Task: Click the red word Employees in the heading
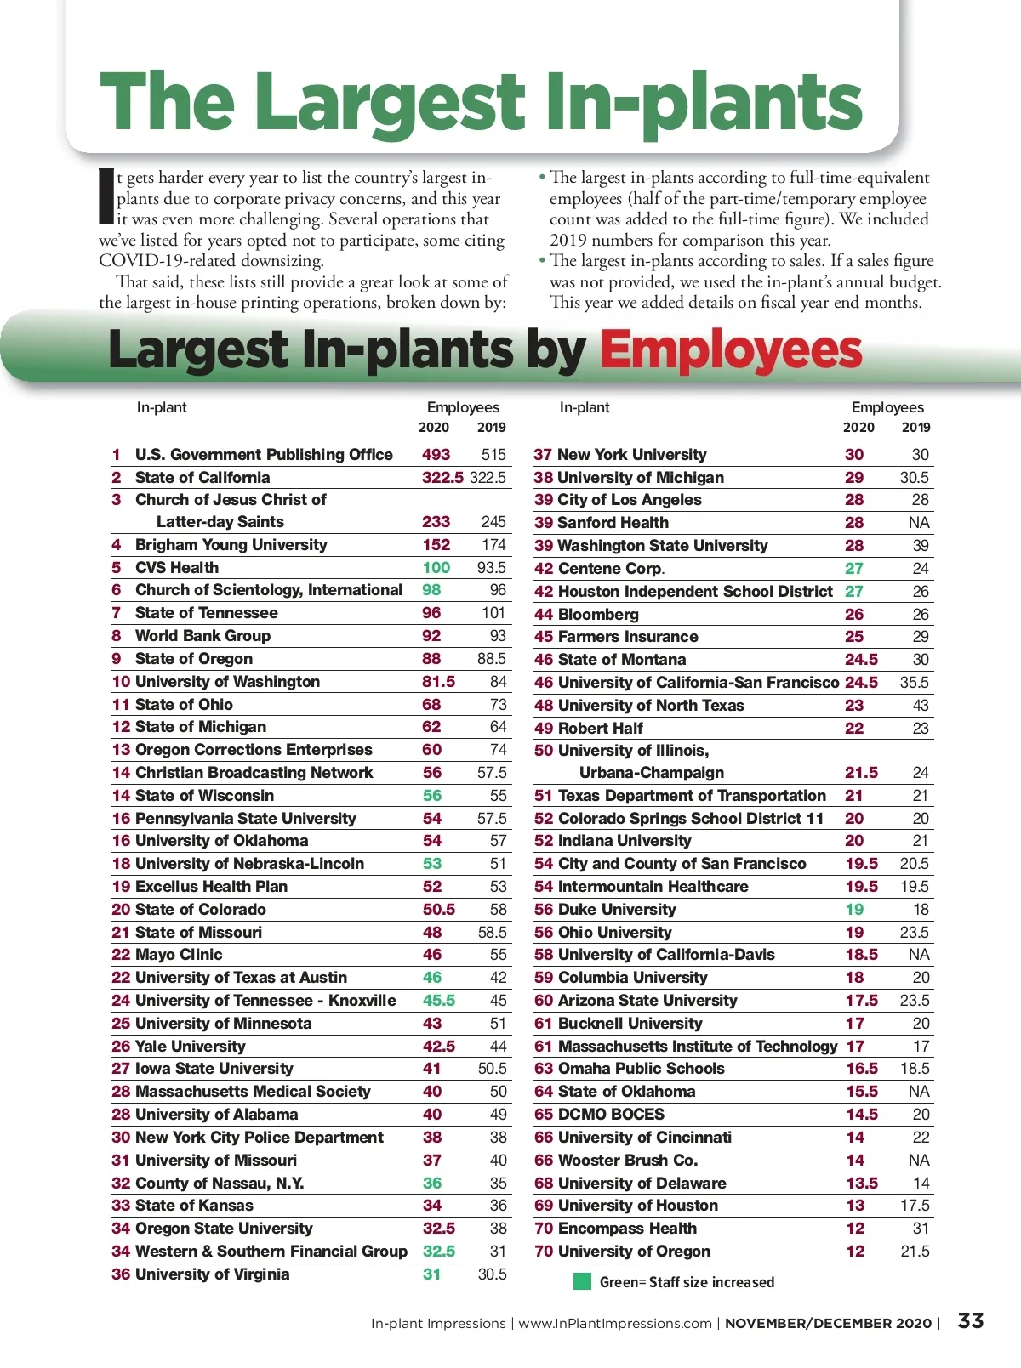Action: click(x=731, y=351)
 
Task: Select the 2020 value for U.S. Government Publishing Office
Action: click(x=436, y=455)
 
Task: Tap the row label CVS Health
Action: click(x=177, y=568)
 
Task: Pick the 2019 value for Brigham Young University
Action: click(x=493, y=545)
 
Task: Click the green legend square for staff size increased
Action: click(x=582, y=1281)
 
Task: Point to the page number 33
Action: click(x=971, y=1321)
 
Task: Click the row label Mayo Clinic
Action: click(x=179, y=955)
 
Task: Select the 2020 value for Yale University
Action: click(x=439, y=1047)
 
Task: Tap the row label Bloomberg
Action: click(x=598, y=614)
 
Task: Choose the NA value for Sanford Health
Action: click(x=919, y=523)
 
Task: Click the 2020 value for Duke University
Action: click(x=854, y=910)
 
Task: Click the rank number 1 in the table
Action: click(x=117, y=455)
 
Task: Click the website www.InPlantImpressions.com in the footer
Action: click(x=615, y=1324)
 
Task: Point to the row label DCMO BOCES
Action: click(x=611, y=1115)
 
